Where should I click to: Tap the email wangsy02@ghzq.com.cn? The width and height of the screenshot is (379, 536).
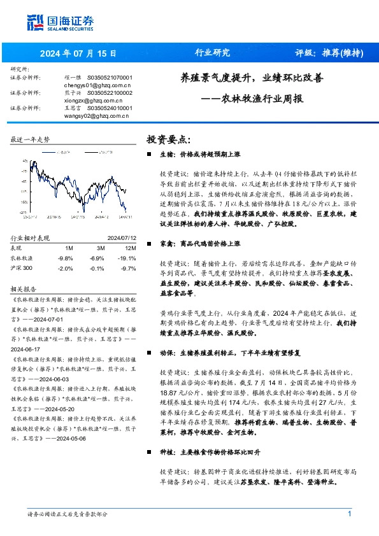(97, 116)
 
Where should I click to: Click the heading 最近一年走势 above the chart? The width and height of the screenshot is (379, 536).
(30, 139)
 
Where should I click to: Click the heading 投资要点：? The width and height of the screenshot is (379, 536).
(169, 139)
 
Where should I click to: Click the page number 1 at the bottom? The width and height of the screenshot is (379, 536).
(349, 514)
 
